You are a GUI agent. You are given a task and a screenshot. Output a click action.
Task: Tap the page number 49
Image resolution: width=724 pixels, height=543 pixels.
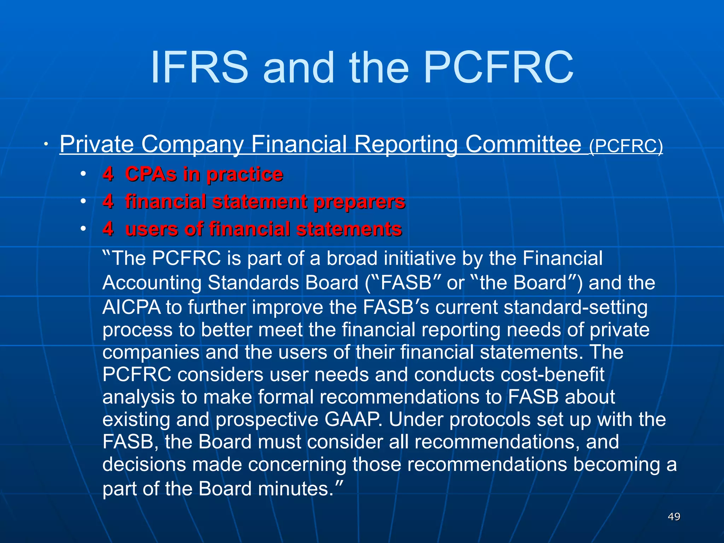coord(674,516)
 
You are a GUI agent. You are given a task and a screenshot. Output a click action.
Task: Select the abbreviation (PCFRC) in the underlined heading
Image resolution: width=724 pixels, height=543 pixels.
coord(626,146)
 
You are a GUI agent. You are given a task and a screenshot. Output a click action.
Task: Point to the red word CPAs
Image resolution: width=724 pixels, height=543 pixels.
coord(151,174)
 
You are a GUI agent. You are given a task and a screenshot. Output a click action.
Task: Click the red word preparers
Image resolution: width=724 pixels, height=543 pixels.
coord(359,202)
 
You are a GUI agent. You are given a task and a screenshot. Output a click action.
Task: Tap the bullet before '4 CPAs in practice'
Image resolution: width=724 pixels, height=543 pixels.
coord(83,174)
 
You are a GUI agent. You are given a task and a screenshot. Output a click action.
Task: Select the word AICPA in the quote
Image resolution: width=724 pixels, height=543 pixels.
coord(131,307)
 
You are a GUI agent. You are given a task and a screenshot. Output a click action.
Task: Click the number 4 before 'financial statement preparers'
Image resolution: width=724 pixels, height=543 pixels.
coord(108,202)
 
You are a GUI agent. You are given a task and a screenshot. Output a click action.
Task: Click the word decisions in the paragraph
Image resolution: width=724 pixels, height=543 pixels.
coord(144,465)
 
